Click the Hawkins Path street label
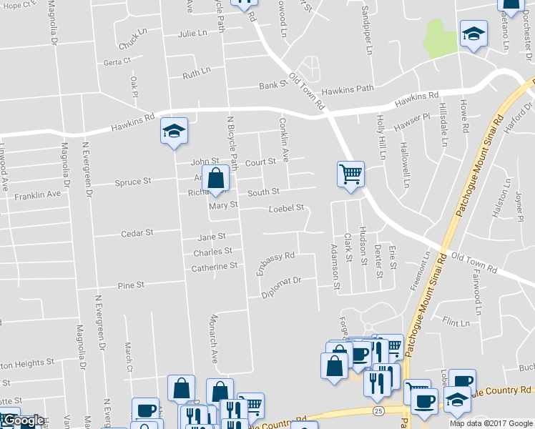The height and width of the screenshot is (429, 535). click(x=348, y=89)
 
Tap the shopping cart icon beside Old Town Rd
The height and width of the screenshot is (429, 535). click(x=350, y=174)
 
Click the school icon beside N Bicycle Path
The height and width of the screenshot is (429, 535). click(x=174, y=132)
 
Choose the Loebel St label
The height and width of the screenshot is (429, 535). click(x=286, y=208)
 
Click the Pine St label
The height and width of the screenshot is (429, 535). click(x=131, y=285)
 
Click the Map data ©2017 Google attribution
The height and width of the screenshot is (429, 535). click(x=491, y=423)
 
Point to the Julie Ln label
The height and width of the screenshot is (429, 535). click(x=192, y=34)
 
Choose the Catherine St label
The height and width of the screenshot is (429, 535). click(x=214, y=267)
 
